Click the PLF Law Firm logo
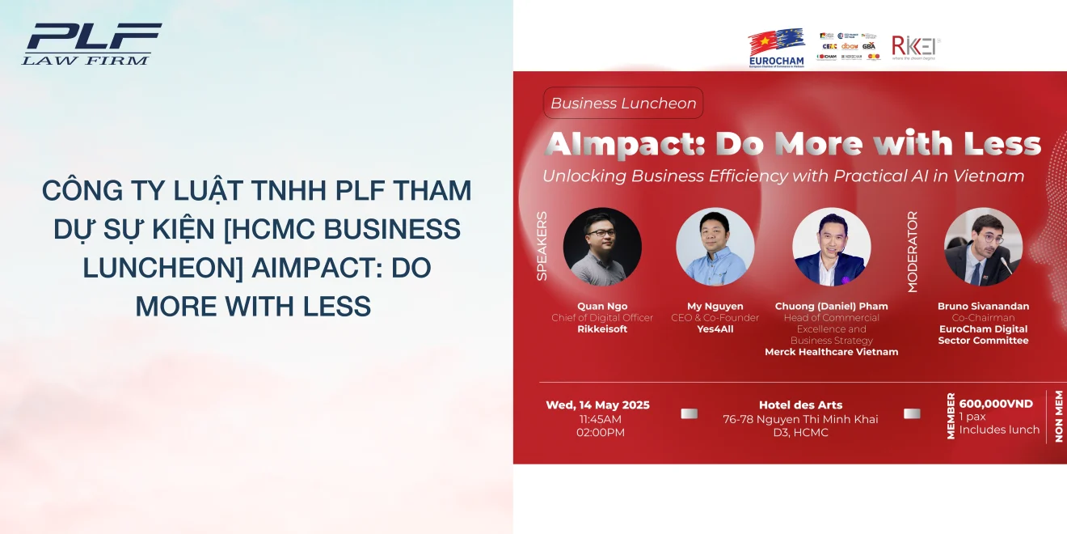(x=91, y=44)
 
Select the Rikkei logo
(x=916, y=47)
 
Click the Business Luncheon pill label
(x=622, y=104)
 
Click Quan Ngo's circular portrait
(x=602, y=247)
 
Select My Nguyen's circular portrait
(x=715, y=247)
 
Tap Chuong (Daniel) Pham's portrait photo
(x=831, y=247)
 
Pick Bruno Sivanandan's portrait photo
(x=983, y=247)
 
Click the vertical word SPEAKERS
(x=542, y=246)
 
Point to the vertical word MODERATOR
(x=913, y=252)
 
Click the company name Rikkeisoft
(x=602, y=329)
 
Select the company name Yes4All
(x=715, y=329)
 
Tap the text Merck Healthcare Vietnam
(x=831, y=352)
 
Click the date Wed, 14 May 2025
(x=597, y=405)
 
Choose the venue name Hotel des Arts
(x=800, y=405)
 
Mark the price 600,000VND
(x=996, y=404)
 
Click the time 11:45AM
(x=601, y=419)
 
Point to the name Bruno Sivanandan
(x=983, y=307)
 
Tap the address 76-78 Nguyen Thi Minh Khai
(x=800, y=419)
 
